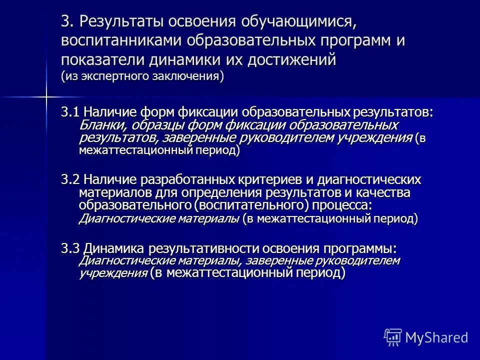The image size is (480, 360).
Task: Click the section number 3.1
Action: click(70, 112)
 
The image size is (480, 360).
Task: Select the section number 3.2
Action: click(70, 179)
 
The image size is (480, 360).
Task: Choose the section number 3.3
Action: click(70, 248)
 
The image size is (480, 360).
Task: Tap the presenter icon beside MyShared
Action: click(393, 337)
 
